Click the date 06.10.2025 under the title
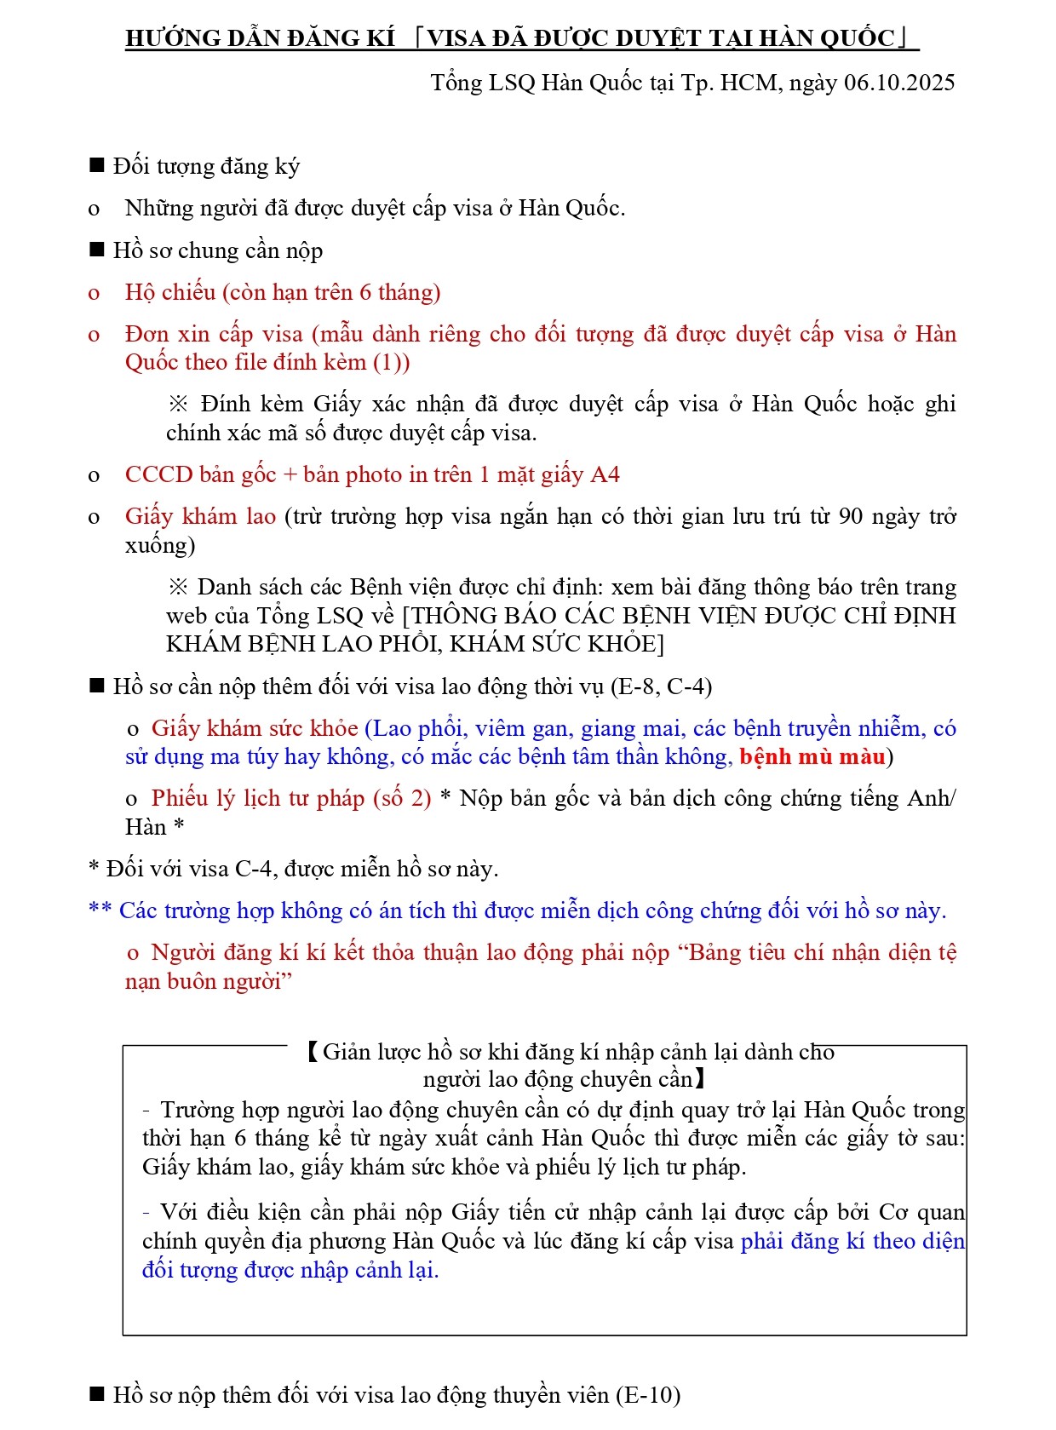pos(899,83)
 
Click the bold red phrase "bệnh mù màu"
pos(812,756)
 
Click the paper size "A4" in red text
pos(605,474)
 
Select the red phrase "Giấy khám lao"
pos(200,516)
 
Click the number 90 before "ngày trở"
pos(852,516)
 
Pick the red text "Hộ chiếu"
pos(170,292)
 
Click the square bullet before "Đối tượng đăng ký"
pos(97,165)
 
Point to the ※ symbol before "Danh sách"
pos(178,587)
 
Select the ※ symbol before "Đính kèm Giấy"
pos(178,404)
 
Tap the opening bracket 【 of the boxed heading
pos(312,1052)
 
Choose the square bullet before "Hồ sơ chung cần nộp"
pos(97,250)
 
